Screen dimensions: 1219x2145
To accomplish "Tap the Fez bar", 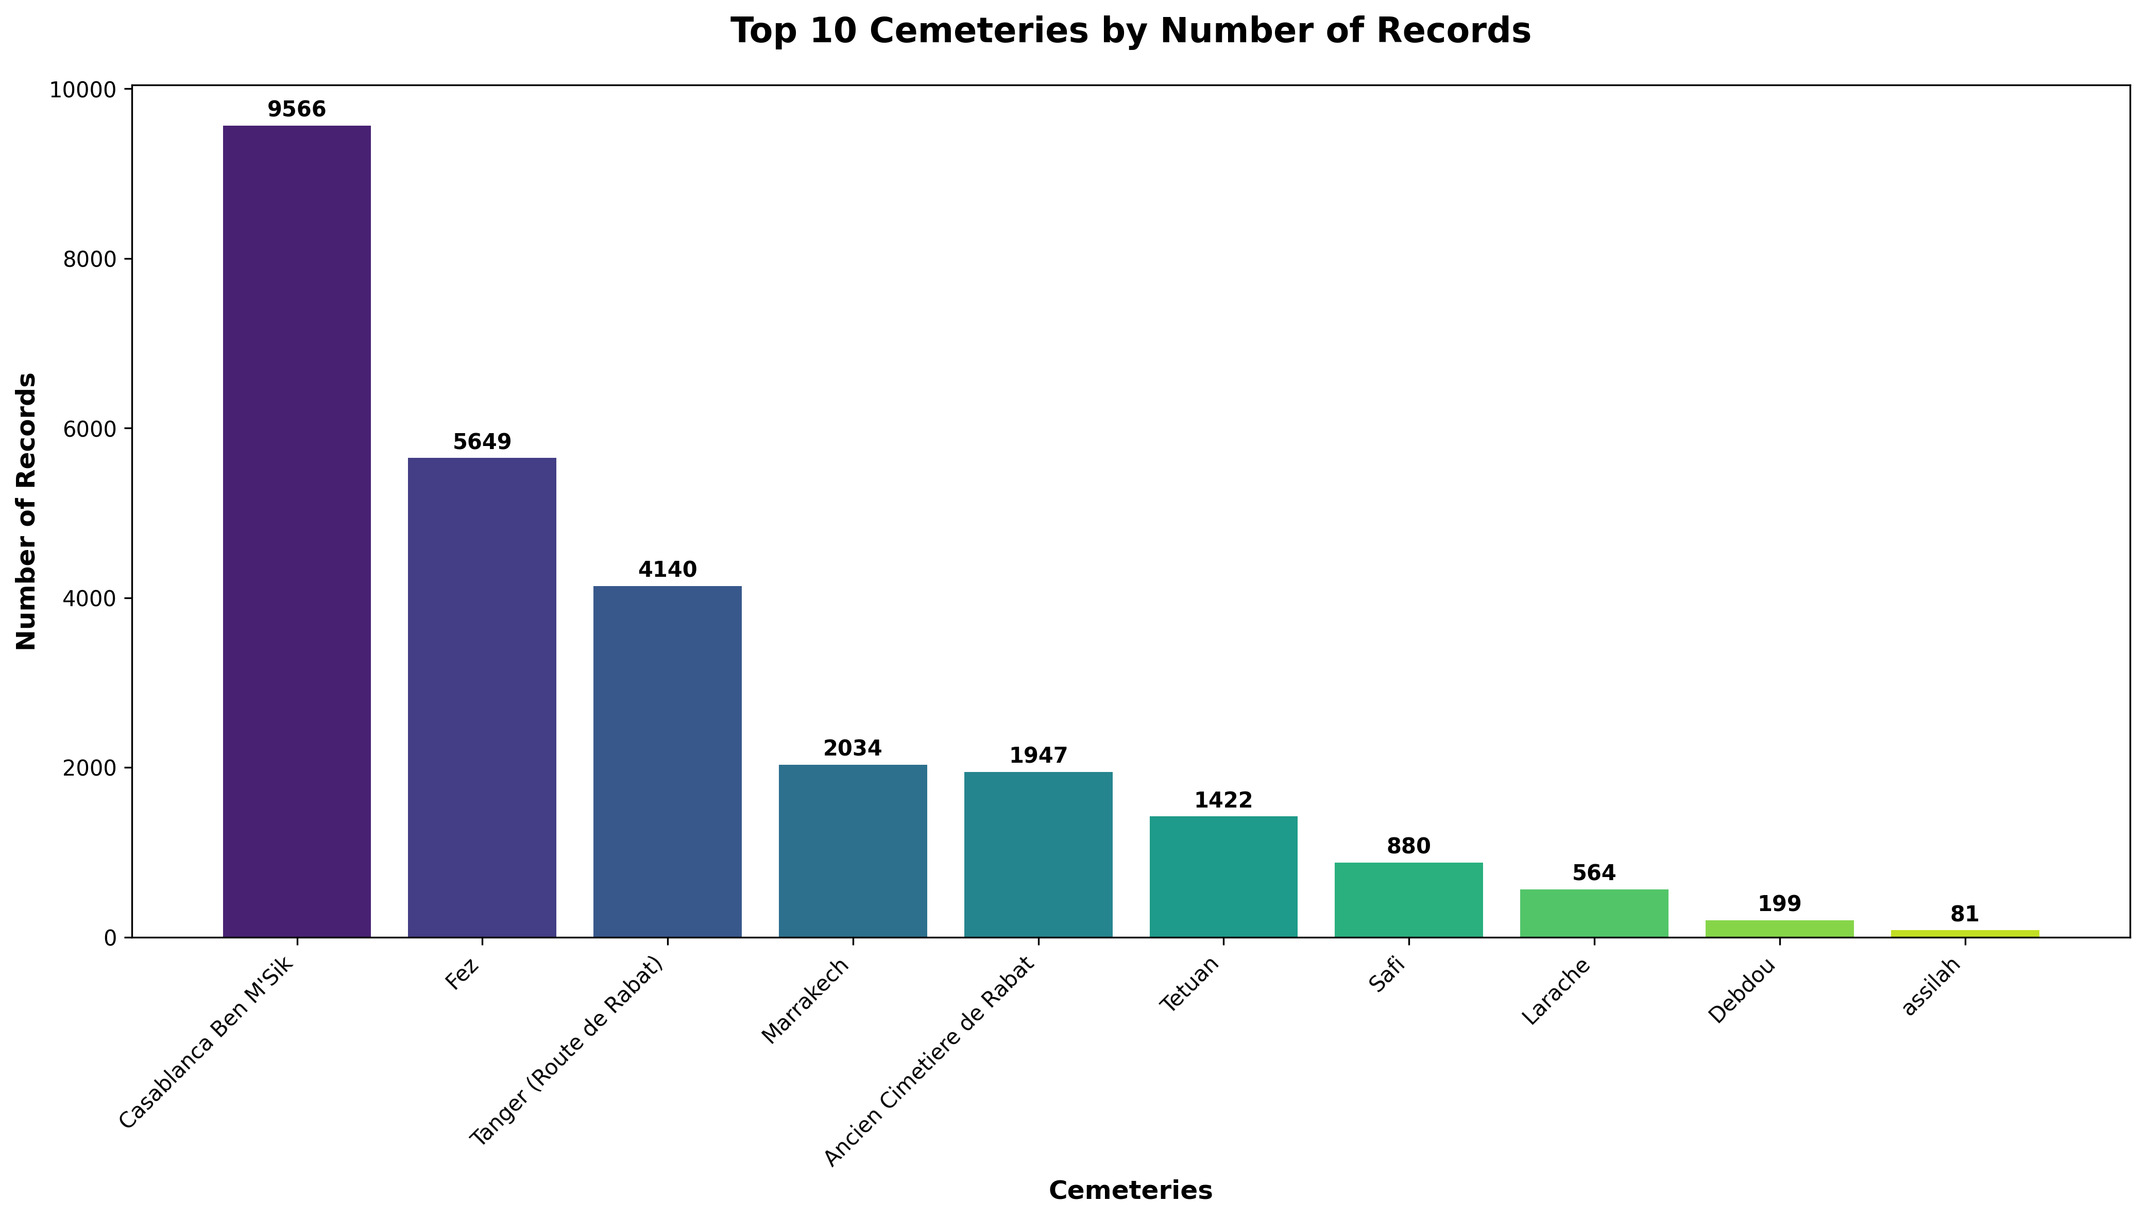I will (482, 697).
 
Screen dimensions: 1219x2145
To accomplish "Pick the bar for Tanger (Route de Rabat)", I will (667, 761).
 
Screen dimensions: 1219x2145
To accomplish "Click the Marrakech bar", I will (853, 851).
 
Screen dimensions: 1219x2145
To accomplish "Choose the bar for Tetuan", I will (1223, 877).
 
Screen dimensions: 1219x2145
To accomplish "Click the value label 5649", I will (482, 442).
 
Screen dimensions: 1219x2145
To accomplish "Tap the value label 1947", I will (1038, 756).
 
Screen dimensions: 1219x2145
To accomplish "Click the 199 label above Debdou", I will (1779, 904).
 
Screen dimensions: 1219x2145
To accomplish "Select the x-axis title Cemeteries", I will (1130, 1191).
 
